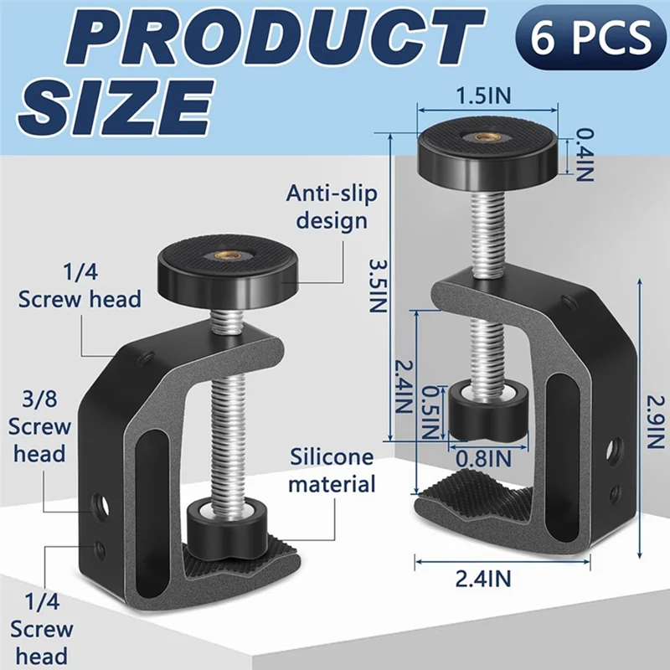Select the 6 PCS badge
click(583, 38)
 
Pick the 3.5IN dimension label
click(379, 284)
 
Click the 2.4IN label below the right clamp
click(502, 578)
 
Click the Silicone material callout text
click(332, 470)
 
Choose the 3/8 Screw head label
click(39, 426)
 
